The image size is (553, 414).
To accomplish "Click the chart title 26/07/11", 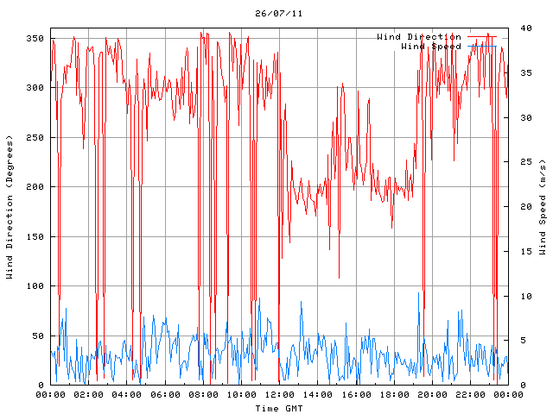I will click(x=279, y=14).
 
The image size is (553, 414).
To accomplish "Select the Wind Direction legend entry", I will click(x=419, y=37).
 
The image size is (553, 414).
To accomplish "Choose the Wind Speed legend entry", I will click(x=431, y=47).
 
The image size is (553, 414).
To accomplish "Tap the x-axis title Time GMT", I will click(x=279, y=408).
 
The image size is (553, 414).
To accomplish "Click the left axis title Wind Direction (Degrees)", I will click(x=10, y=207).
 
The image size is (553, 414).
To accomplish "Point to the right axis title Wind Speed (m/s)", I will click(x=543, y=207).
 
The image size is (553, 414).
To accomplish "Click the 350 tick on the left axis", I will click(x=35, y=39).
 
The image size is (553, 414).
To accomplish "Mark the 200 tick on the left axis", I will click(x=35, y=187).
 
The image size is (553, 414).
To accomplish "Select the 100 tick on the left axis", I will click(x=35, y=286).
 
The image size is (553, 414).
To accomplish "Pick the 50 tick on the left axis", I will click(x=37, y=336).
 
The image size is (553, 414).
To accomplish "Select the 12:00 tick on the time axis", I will click(x=279, y=395).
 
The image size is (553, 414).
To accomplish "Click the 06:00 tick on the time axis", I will click(x=165, y=395).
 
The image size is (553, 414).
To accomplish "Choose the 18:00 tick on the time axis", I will click(x=393, y=395).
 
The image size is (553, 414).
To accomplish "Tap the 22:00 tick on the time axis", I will click(x=469, y=395).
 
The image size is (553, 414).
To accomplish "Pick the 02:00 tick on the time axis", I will click(x=89, y=395).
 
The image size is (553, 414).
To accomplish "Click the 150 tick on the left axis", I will click(x=35, y=236).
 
